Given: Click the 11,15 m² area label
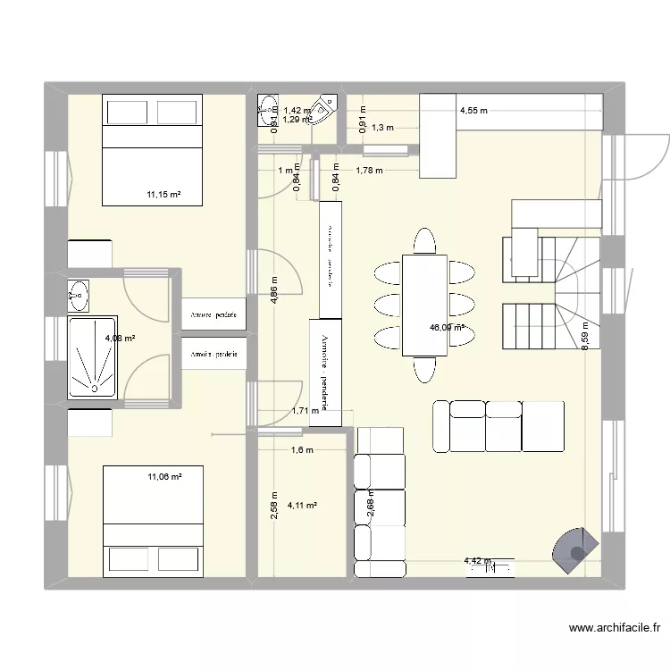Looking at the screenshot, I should click(x=164, y=194).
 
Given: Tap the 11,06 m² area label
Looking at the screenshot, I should click(x=164, y=478).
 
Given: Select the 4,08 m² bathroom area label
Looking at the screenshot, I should click(x=120, y=339).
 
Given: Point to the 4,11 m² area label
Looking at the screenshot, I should click(x=303, y=506).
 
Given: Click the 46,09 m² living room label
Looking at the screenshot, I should click(x=448, y=328).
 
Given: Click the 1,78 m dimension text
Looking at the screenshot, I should click(x=369, y=171).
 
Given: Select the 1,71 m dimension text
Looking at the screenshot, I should click(x=306, y=412).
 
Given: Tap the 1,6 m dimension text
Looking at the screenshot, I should click(x=302, y=450).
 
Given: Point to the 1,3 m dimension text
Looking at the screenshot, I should click(x=382, y=129).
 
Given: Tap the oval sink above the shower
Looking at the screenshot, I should click(x=80, y=291).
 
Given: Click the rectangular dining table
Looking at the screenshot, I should click(x=423, y=305).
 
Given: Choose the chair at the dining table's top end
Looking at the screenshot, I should click(x=424, y=242).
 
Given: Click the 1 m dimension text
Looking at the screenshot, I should click(x=286, y=171).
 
